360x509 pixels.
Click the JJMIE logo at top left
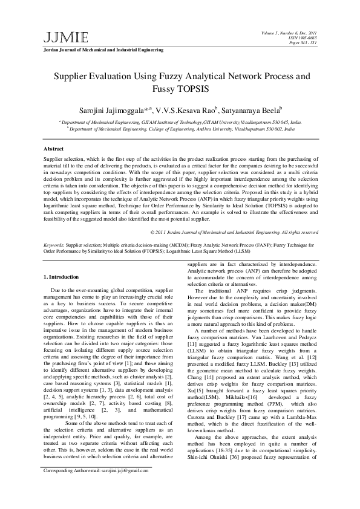[x=61, y=37]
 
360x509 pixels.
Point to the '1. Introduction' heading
[x=63, y=277]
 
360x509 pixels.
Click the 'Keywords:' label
[x=54, y=246]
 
